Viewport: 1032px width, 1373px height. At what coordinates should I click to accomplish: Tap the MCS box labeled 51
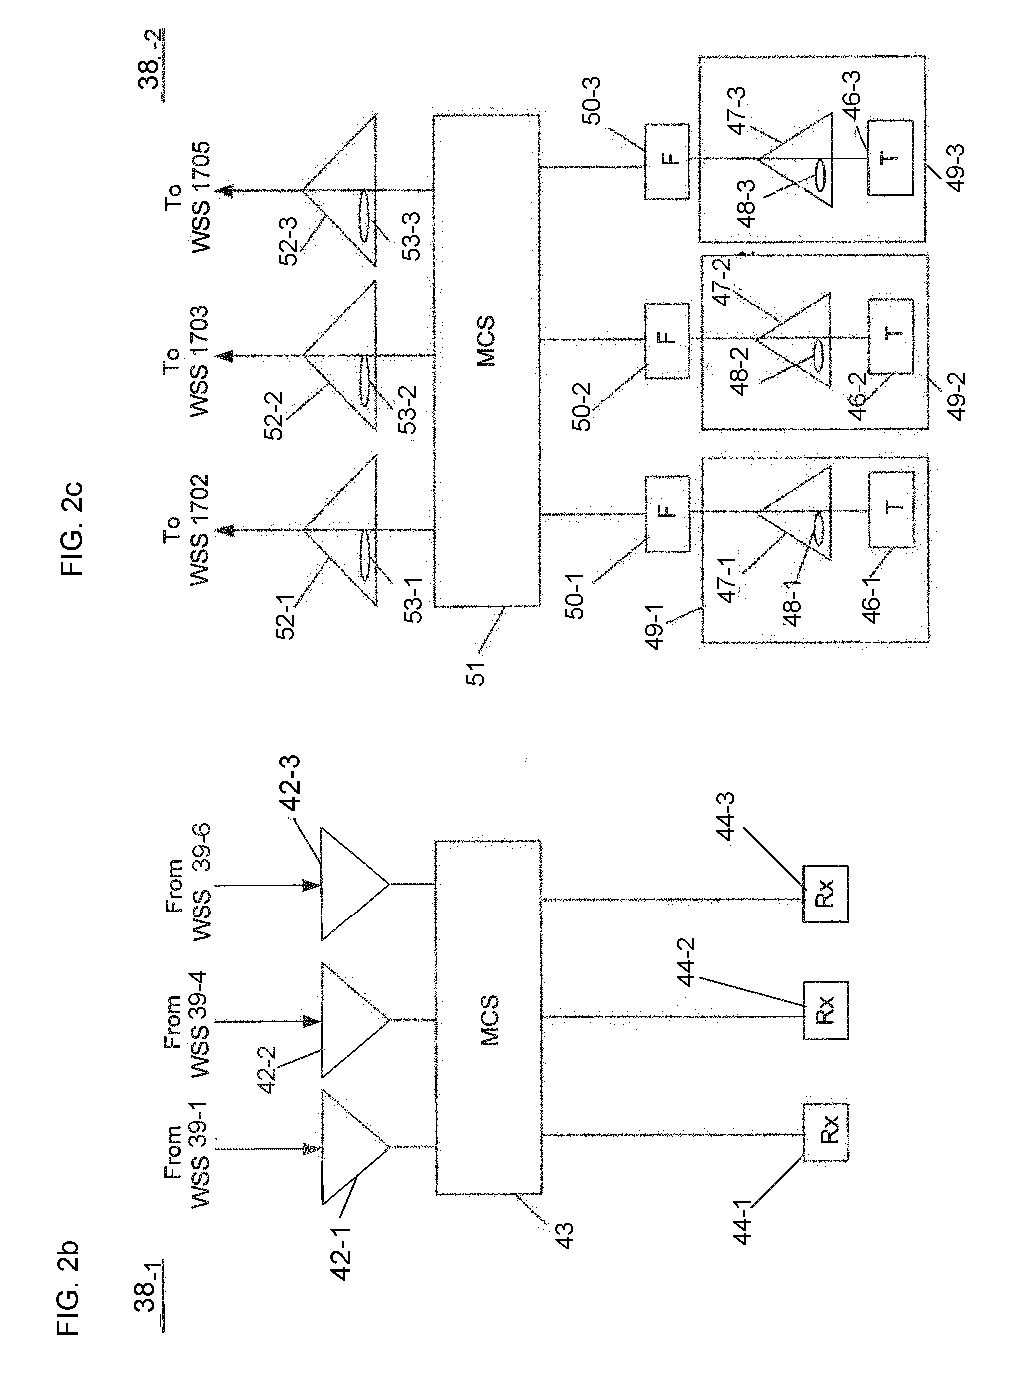point(486,360)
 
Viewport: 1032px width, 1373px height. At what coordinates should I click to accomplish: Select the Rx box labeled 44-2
point(825,1011)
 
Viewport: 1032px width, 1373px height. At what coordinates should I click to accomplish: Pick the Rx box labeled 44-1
point(825,1132)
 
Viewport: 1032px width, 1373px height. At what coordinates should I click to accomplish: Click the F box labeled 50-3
point(666,161)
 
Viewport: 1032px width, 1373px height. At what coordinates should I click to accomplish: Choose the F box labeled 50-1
point(667,514)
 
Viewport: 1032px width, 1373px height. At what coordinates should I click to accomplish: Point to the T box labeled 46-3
point(890,158)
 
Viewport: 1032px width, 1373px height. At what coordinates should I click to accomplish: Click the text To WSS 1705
point(187,197)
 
